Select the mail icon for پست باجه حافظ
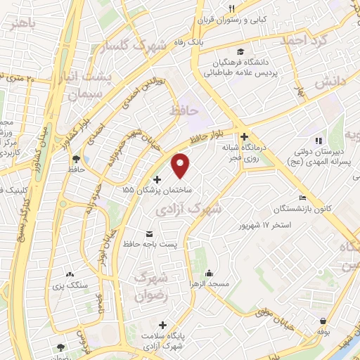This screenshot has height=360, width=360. tap(148, 233)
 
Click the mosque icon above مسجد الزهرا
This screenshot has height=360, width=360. tap(208, 273)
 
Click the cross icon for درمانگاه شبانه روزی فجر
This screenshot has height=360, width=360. tap(243, 136)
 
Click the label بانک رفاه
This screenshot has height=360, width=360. tap(208, 42)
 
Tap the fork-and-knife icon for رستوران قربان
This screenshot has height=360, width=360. tap(231, 8)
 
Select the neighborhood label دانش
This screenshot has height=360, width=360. tap(331, 84)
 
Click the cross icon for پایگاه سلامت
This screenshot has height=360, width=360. tap(163, 326)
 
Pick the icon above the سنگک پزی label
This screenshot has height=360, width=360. tap(70, 274)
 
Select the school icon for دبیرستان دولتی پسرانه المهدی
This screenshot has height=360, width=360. tap(318, 140)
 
